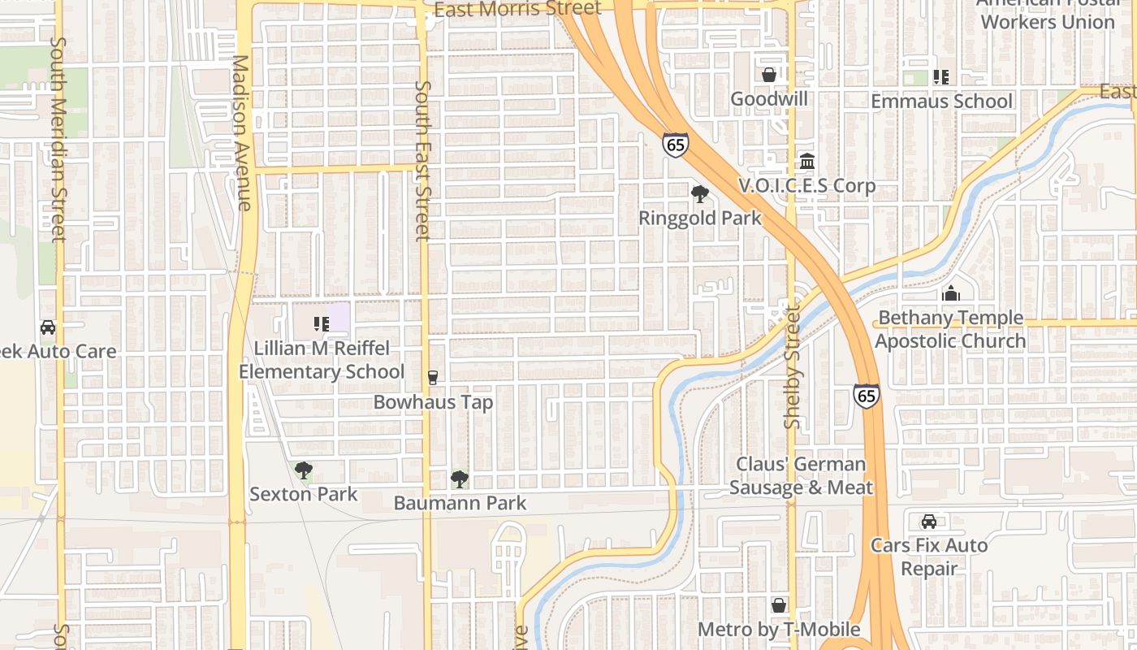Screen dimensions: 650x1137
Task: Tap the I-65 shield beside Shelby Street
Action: (x=867, y=396)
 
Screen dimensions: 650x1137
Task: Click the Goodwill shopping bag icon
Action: (x=768, y=75)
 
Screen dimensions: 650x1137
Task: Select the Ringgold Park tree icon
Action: (x=699, y=194)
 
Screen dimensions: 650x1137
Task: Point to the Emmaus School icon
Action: (x=940, y=77)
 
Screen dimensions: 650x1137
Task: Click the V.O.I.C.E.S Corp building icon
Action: (x=807, y=162)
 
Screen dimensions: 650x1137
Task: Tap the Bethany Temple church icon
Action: (x=950, y=293)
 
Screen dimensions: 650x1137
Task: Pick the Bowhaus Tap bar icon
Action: (x=432, y=378)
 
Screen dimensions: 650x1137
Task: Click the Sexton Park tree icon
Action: (x=303, y=470)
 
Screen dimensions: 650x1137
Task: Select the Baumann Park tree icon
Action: (x=459, y=479)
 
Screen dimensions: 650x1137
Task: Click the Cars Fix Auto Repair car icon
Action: (x=929, y=522)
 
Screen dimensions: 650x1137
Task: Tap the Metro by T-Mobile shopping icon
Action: (x=779, y=605)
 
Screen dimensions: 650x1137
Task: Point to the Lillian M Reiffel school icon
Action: (x=321, y=324)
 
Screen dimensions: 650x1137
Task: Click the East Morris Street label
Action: (x=517, y=9)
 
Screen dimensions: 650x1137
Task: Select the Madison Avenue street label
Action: (x=242, y=132)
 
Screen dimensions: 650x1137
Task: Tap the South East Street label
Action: (x=422, y=160)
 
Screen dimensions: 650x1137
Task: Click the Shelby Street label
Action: (x=793, y=366)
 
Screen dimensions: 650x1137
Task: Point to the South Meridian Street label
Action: (x=58, y=138)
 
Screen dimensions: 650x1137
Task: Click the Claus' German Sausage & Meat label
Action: (x=801, y=475)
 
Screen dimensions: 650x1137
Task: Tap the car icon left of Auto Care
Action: (x=48, y=327)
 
